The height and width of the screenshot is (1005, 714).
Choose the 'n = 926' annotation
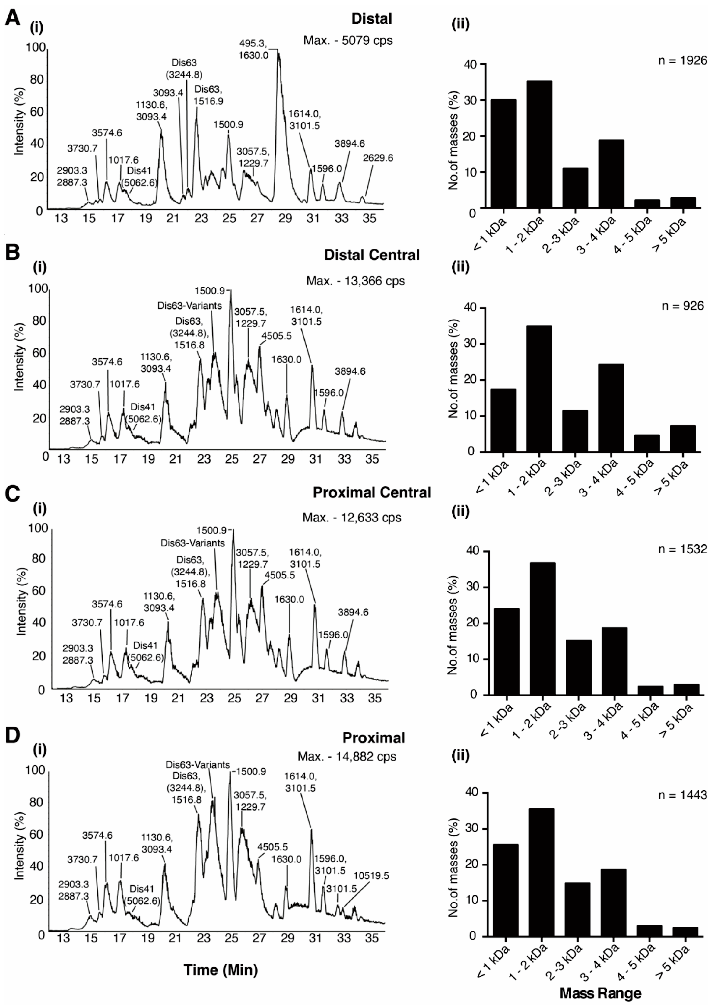(x=682, y=306)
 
